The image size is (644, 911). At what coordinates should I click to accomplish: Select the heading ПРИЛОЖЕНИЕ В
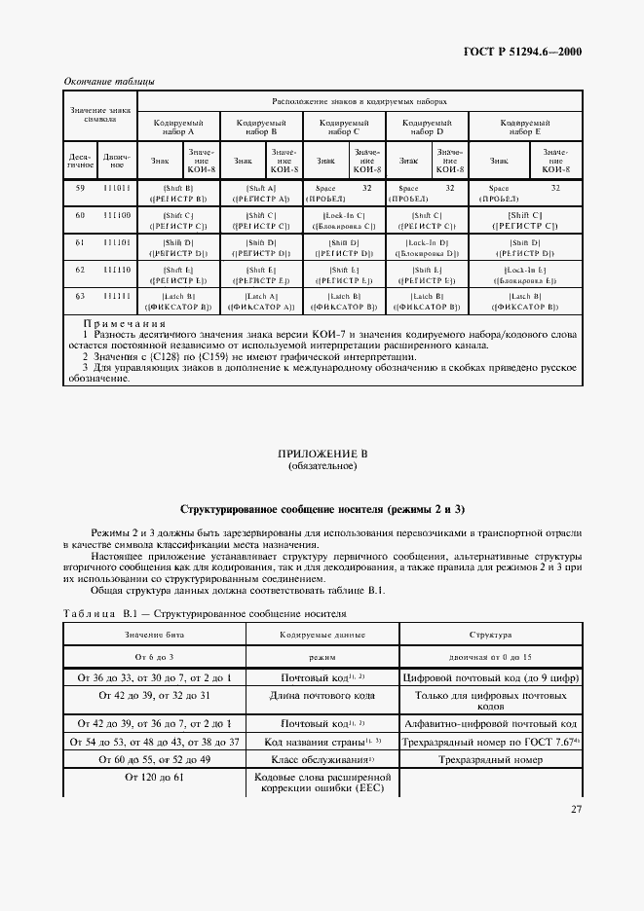tap(322, 455)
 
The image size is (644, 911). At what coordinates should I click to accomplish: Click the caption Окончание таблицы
tap(108, 81)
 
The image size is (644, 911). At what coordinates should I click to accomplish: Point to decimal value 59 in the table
tap(80, 187)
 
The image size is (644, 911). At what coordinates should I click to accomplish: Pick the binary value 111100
tap(116, 214)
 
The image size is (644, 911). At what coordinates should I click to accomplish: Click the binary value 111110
tap(116, 269)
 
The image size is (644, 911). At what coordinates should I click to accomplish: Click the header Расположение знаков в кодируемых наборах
tap(360, 101)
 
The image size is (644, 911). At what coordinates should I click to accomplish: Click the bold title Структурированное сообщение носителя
tap(322, 509)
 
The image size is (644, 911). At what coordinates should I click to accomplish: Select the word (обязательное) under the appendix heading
tap(322, 466)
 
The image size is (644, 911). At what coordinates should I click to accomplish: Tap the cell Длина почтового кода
tap(322, 697)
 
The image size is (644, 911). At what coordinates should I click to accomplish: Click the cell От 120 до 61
tap(154, 778)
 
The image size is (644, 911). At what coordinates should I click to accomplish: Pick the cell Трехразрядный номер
tap(490, 758)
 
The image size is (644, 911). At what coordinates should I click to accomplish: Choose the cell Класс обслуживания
tap(322, 758)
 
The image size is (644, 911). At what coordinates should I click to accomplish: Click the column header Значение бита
tap(154, 634)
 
